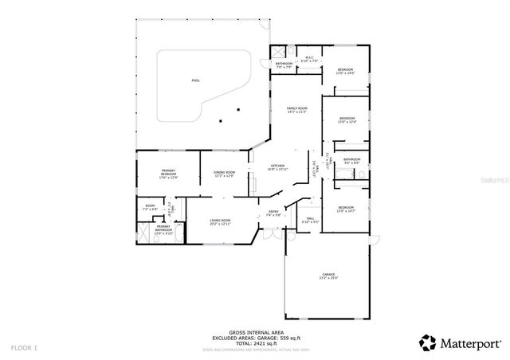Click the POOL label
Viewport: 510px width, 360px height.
[195, 80]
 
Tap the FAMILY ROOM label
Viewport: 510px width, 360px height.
[298, 109]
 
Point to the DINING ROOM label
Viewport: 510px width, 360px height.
[224, 174]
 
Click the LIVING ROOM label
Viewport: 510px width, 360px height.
[220, 222]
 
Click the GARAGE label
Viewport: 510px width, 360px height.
[328, 276]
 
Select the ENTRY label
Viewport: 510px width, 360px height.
[273, 213]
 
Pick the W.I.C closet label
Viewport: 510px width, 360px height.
[309, 58]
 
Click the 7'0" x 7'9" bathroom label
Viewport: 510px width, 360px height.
[284, 65]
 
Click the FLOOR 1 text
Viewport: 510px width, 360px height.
[24, 348]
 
